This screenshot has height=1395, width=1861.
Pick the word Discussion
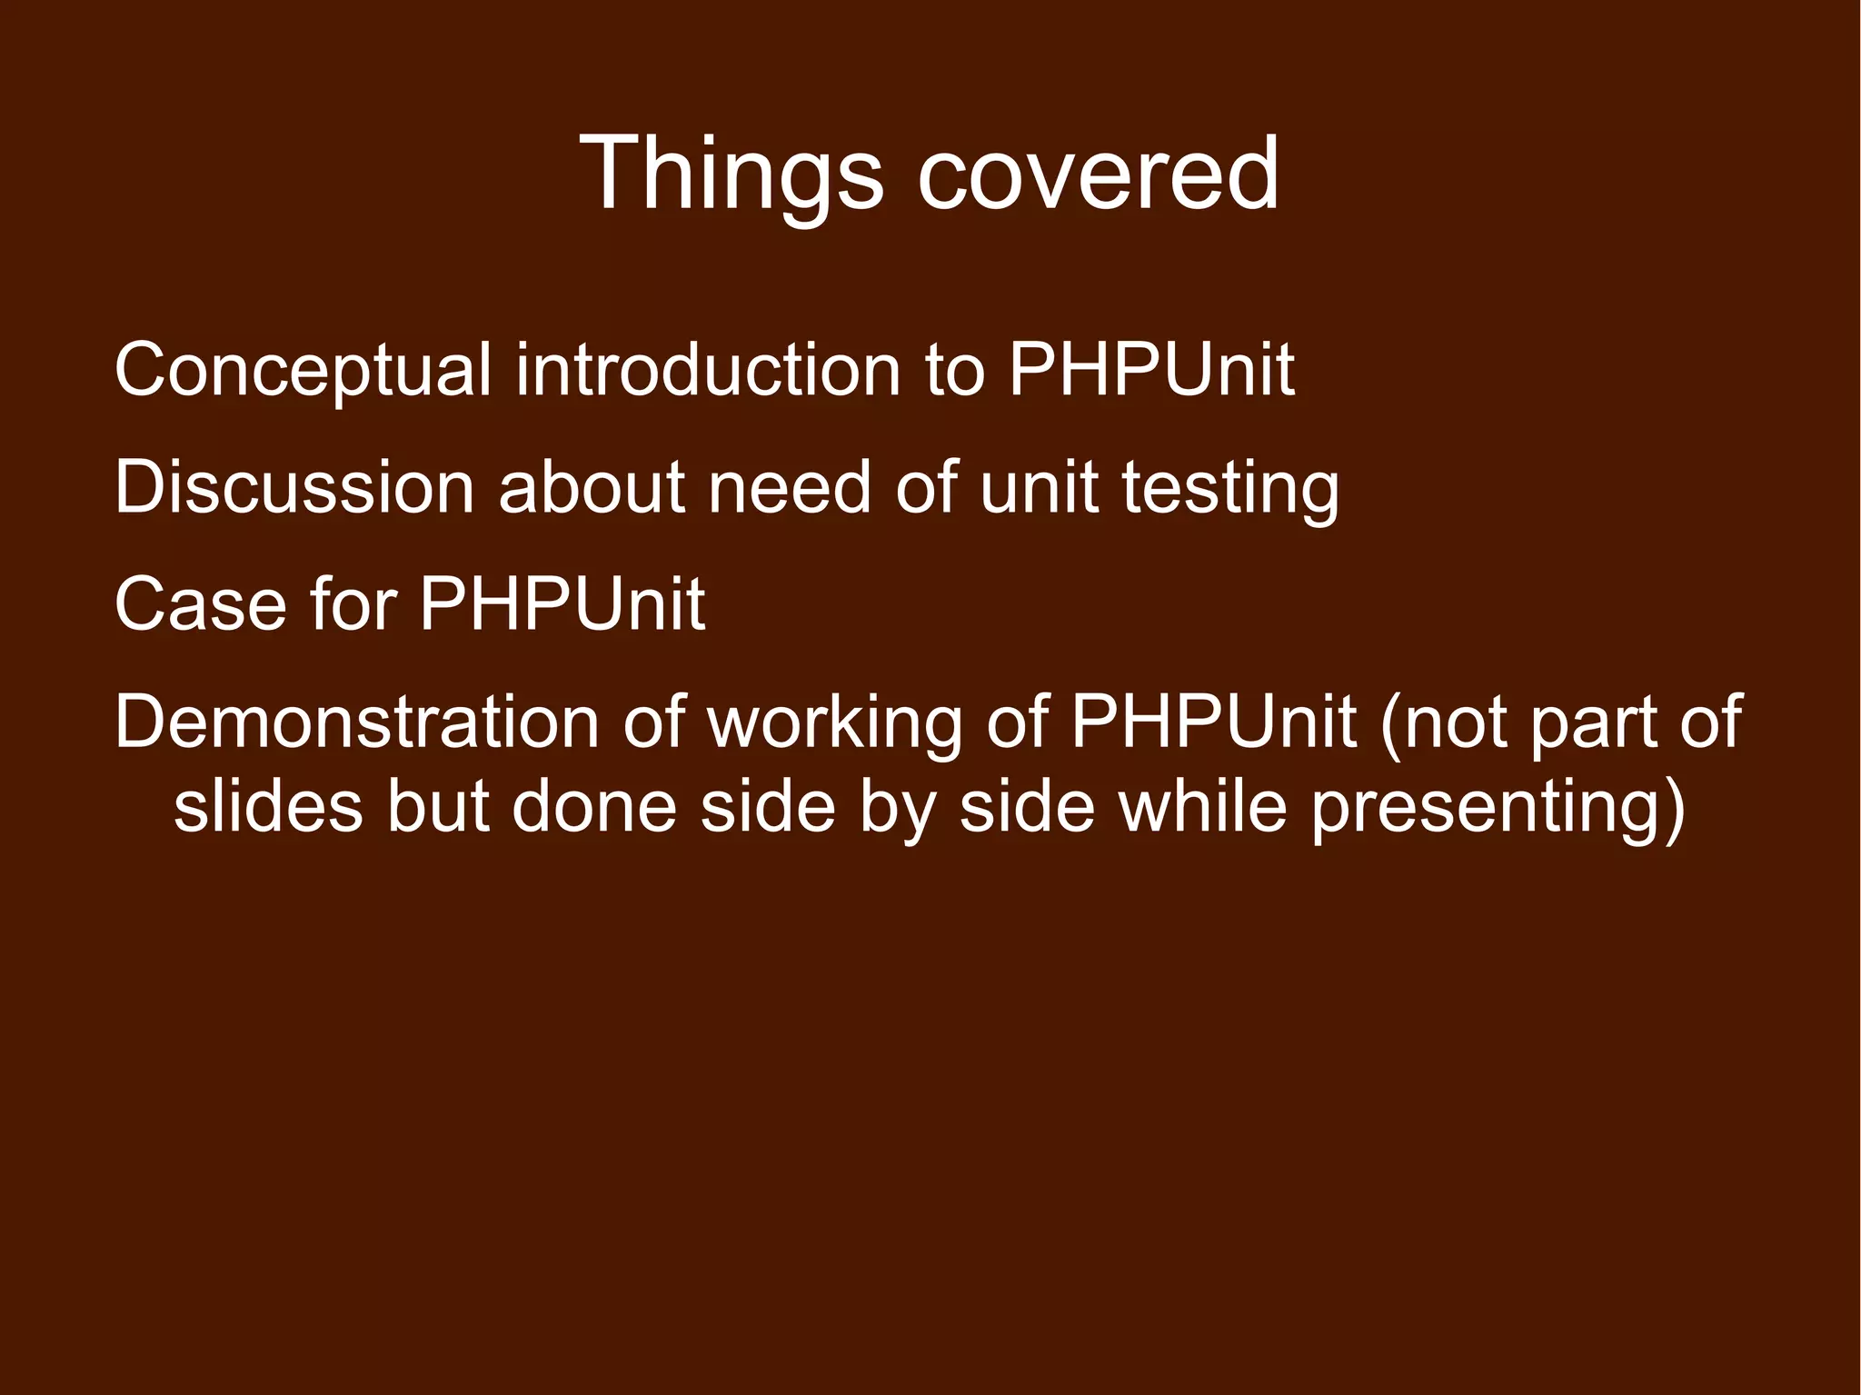pyautogui.click(x=294, y=488)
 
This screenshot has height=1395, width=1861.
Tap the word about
pyautogui.click(x=592, y=488)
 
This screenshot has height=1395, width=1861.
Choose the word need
pyautogui.click(x=790, y=488)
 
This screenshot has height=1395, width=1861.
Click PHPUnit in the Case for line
pyautogui.click(x=562, y=604)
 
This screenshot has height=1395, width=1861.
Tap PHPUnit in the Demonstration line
pyautogui.click(x=1214, y=722)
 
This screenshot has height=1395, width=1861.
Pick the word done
pyautogui.click(x=594, y=806)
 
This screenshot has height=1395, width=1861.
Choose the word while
pyautogui.click(x=1203, y=806)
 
